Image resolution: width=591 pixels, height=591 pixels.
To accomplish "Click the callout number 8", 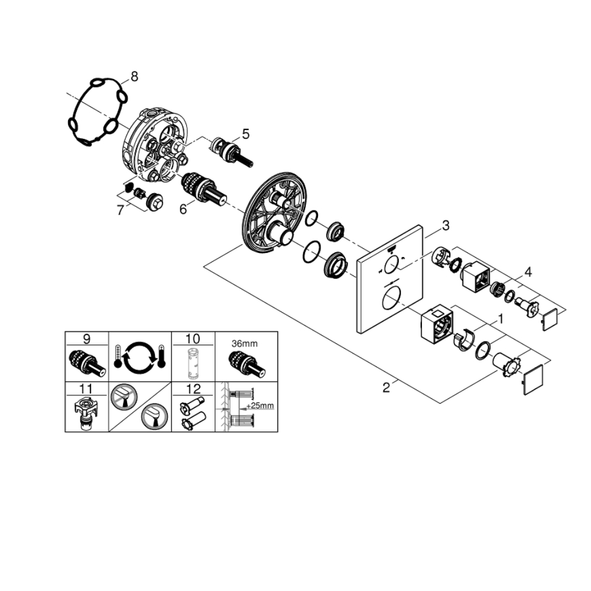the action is coord(134,76).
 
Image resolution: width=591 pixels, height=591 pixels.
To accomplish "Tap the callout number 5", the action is coord(246,134).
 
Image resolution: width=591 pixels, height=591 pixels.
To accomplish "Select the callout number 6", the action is coord(183,209).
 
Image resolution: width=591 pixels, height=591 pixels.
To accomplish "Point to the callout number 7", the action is coord(121,210).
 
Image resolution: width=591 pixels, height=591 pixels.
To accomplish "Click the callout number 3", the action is coord(446,226).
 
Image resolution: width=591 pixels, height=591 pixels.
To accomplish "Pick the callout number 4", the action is coord(528,271).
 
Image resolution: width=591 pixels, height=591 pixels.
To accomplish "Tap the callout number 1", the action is coord(501,320).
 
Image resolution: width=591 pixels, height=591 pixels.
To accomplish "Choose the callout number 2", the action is coord(386,388).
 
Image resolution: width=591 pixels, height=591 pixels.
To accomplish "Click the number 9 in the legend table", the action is coord(87,339).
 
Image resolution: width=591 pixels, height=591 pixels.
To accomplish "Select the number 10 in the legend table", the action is coord(193,339).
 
